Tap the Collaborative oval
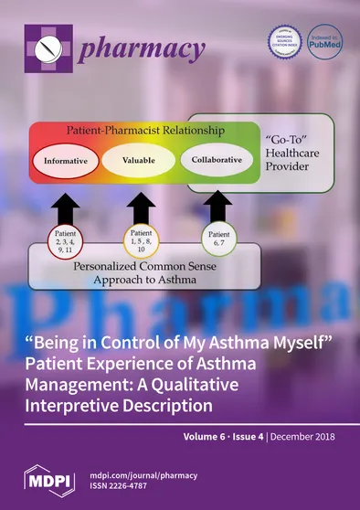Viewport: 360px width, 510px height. tap(217, 161)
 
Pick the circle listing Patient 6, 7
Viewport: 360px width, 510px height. tap(217, 240)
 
